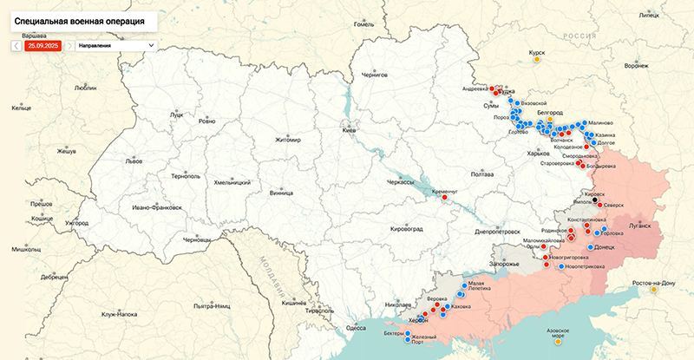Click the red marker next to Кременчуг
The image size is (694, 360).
click(x=444, y=197)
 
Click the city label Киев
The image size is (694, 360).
click(x=350, y=130)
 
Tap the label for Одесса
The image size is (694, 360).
click(x=355, y=327)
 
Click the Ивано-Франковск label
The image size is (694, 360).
click(x=157, y=209)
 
